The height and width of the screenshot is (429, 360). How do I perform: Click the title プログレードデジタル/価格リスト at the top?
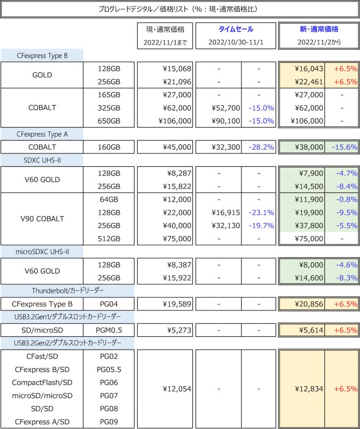[x=179, y=10]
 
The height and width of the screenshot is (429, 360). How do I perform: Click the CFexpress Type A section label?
[x=42, y=134]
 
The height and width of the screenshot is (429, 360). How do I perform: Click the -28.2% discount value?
[x=261, y=146]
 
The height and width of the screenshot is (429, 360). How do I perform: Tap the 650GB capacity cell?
[x=109, y=121]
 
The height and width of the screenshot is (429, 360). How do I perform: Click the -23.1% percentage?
[x=261, y=212]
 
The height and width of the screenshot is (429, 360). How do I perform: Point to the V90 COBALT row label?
[x=42, y=218]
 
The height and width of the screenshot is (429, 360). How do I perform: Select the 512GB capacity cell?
[x=109, y=238]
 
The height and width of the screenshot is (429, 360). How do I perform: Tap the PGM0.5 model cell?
[x=109, y=330]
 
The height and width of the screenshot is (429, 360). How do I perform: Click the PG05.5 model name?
[x=109, y=369]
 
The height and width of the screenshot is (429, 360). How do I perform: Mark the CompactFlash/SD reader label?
[x=42, y=382]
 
